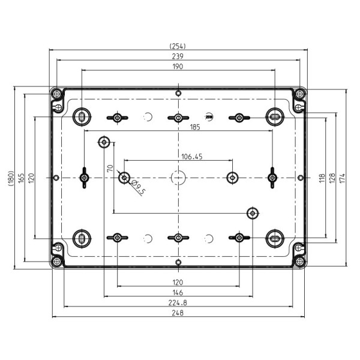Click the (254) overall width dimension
pyautogui.click(x=178, y=46)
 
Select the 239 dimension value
pyautogui.click(x=178, y=56)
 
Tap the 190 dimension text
pyautogui.click(x=178, y=67)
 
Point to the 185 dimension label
pyautogui.click(x=195, y=127)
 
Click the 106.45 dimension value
pyautogui.click(x=192, y=157)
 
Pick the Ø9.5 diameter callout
pyautogui.click(x=138, y=187)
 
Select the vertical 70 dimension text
pyautogui.click(x=110, y=168)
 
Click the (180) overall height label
pyautogui.click(x=11, y=178)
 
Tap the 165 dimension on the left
pyautogui.click(x=21, y=178)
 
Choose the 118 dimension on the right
pyautogui.click(x=322, y=178)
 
